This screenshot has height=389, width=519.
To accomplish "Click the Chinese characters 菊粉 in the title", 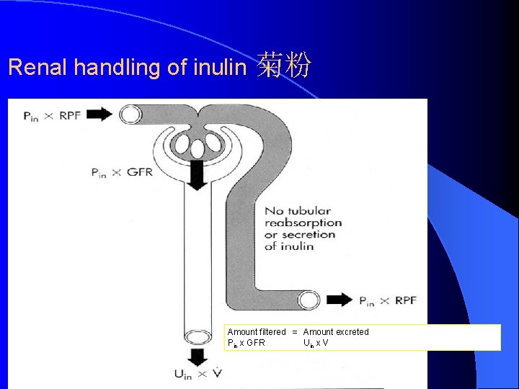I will [x=284, y=66].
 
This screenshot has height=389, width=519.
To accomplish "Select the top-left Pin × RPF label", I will [x=52, y=115].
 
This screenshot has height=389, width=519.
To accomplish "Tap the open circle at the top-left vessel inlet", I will [x=130, y=115].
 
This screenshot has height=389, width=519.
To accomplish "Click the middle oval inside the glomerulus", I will [x=197, y=149].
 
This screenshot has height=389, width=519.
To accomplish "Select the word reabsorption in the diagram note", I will [x=303, y=223].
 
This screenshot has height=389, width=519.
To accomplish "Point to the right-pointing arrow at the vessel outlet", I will [x=340, y=300].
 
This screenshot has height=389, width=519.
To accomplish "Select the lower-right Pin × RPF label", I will [x=388, y=300].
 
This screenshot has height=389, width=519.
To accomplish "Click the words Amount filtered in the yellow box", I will [x=257, y=332].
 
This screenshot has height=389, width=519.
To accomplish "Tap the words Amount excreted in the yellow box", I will [x=336, y=332].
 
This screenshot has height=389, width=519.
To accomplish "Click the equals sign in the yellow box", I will [x=295, y=332].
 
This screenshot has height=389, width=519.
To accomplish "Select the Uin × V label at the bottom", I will [x=198, y=374].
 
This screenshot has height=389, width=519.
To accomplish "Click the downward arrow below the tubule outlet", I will [x=196, y=356].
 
